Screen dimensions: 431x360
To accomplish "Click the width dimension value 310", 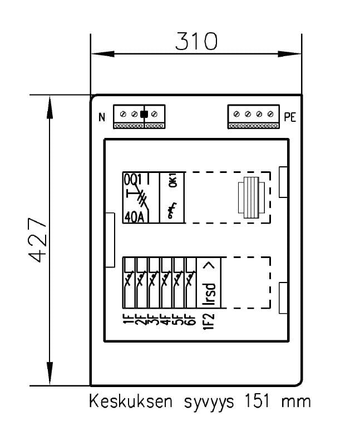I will point(196,41).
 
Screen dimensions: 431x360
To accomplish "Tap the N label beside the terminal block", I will point(102,117).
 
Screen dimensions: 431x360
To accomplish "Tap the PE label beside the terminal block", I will point(290,117).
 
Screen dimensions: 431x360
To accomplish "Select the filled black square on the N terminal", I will point(144,115).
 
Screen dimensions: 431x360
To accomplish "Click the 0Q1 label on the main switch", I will point(134,179).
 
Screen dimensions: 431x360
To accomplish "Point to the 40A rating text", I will point(134,216).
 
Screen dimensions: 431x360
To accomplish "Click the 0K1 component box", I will point(171,197).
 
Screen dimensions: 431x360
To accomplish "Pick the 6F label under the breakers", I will point(190,321).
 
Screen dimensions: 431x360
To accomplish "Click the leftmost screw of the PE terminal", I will point(236,114).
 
